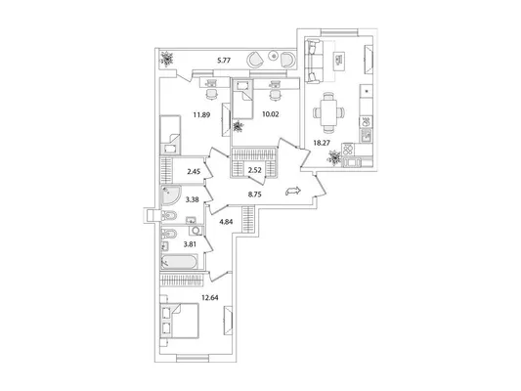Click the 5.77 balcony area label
click(x=224, y=61)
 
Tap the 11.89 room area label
click(x=202, y=115)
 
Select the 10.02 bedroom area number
click(x=270, y=114)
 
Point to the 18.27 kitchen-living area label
click(x=323, y=143)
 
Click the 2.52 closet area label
click(x=254, y=170)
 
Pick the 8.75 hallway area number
click(x=254, y=195)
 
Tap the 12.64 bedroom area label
click(x=210, y=298)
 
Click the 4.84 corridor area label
click(x=226, y=222)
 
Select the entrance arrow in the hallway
click(x=293, y=191)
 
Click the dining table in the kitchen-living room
click(x=328, y=112)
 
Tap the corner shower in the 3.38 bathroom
click(x=169, y=195)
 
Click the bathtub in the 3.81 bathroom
click(x=179, y=262)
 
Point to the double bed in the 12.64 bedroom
click(x=180, y=321)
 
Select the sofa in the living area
click(x=314, y=61)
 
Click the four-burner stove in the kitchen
click(x=348, y=149)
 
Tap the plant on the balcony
click(x=166, y=59)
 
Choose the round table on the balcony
click(x=274, y=56)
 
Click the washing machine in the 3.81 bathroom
click(x=196, y=231)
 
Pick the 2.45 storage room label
click(x=194, y=172)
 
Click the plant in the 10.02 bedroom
click(x=239, y=126)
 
